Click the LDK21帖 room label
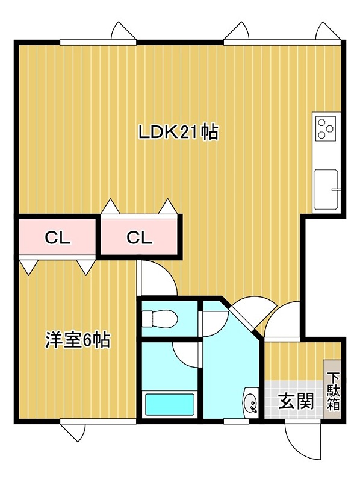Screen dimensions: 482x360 178,132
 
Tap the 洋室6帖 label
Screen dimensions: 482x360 77,340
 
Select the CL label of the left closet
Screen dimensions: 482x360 58,237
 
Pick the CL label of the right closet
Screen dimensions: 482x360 140,237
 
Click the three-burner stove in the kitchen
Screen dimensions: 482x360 326,128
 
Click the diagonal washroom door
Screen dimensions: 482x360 246,313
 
